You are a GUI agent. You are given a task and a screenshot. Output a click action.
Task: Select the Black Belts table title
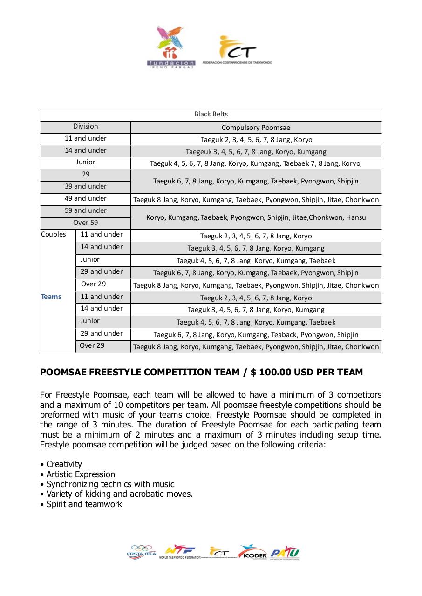point(211,115)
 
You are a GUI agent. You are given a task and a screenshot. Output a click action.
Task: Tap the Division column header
point(86,127)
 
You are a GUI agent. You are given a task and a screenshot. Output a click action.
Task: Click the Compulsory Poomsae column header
point(256,128)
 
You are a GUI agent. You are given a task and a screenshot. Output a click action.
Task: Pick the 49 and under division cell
point(86,199)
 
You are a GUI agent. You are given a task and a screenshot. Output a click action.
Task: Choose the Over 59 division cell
point(86,223)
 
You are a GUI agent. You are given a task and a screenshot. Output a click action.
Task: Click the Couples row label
point(54,235)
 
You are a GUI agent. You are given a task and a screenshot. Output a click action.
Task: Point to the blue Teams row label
point(51,297)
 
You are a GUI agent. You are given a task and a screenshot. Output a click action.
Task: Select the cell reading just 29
point(86,175)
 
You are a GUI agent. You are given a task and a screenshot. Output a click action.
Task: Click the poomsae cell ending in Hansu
point(256,217)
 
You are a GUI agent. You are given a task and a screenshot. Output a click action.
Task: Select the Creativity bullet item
point(64,464)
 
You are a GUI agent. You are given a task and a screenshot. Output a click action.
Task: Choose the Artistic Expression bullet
point(81,474)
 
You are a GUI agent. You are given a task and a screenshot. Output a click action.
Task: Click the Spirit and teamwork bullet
point(84,504)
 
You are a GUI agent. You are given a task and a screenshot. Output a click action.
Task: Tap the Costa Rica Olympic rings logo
point(142,552)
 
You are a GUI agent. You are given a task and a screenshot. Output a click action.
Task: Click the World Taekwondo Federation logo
point(179,552)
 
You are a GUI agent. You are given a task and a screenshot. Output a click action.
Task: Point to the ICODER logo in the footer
point(252,552)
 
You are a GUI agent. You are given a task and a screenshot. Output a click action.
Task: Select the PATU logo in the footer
point(285,552)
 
